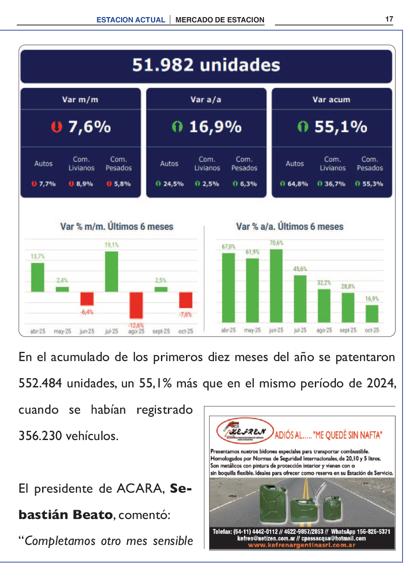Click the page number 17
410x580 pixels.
pos(389,19)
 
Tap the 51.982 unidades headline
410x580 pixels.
pos(206,65)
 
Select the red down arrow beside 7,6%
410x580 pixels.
pos(56,127)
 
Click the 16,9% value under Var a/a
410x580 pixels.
pos(215,127)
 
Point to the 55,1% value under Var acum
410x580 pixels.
pos(341,127)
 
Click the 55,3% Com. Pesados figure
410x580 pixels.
pos(372,184)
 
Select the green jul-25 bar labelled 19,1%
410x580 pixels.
pos(111,271)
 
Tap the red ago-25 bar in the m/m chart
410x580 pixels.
pos(136,305)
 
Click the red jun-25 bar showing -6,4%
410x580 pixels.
pos(87,299)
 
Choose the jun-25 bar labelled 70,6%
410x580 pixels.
pos(276,286)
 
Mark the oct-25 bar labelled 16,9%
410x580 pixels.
pos(372,314)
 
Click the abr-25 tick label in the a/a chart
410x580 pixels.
pos(228,330)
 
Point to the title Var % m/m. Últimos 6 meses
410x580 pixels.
pos(117,227)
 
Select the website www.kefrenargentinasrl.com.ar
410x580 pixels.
pos(301,545)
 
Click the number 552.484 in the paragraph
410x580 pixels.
pos(40,383)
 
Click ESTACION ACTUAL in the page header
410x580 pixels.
pos(131,20)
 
